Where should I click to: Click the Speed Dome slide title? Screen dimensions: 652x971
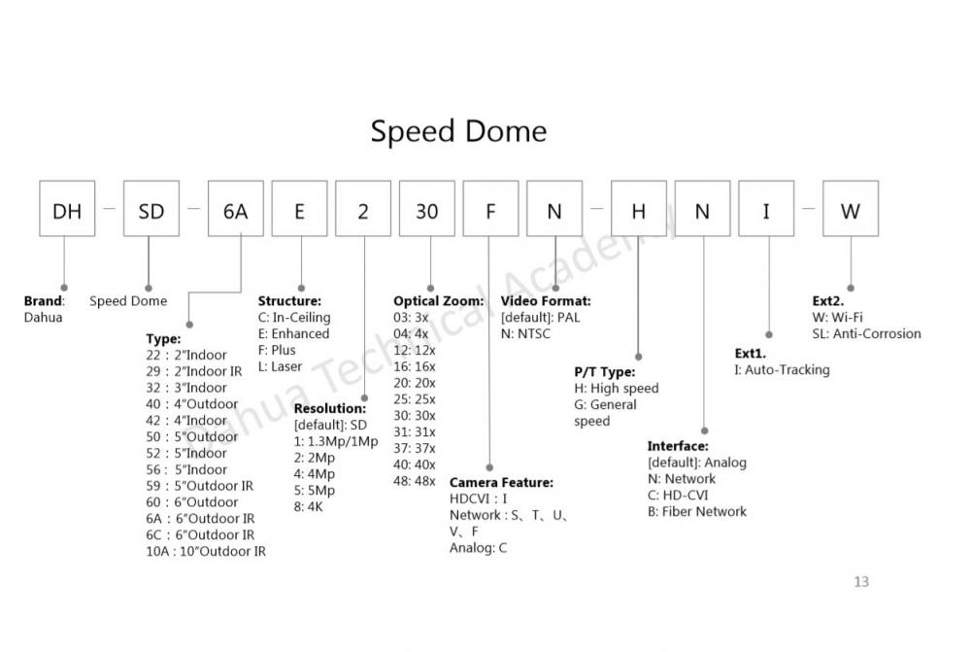458,131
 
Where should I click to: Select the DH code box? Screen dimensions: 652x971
67,209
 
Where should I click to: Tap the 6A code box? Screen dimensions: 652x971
236,209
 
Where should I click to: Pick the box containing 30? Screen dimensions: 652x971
427,209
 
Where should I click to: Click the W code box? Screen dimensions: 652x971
850,209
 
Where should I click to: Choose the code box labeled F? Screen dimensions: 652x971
490,209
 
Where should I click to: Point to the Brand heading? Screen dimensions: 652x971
44,301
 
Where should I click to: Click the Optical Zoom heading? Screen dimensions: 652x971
438,301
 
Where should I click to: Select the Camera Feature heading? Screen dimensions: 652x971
501,482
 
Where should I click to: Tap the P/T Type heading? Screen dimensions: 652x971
605,371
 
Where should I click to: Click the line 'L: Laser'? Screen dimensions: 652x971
280,366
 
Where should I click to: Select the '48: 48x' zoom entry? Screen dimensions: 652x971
415,481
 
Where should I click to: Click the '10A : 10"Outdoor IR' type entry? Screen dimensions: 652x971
206,551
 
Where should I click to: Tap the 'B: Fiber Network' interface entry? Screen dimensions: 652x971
697,511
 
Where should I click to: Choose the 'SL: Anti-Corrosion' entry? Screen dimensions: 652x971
866,333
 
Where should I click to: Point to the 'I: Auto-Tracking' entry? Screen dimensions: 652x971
782,369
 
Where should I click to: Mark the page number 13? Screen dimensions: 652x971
861,582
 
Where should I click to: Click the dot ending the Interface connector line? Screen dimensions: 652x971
702,429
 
